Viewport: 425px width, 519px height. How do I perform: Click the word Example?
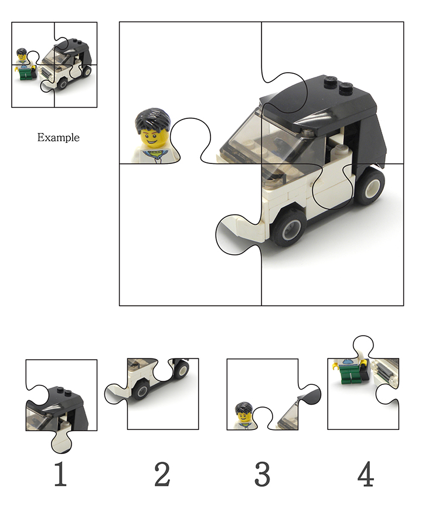coord(58,137)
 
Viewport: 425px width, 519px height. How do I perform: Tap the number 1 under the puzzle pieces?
coord(60,474)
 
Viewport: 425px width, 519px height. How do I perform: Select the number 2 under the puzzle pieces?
coord(162,474)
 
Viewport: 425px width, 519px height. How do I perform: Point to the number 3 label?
coord(263,474)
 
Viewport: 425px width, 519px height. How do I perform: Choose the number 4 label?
coord(366,474)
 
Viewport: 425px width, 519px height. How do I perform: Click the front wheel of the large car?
coord(288,228)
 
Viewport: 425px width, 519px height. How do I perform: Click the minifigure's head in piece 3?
coord(244,413)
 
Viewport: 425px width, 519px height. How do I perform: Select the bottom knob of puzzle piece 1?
coord(62,442)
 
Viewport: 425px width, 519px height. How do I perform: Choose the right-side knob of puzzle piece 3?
coord(310,394)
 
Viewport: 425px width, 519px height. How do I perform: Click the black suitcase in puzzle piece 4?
coord(365,371)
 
